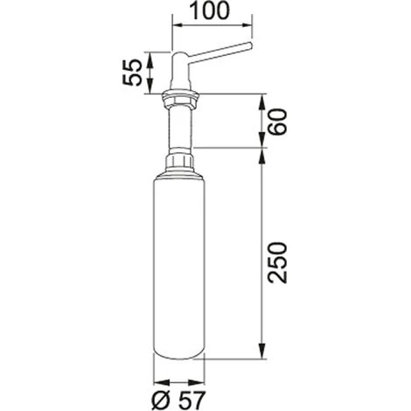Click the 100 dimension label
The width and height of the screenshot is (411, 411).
coord(210,10)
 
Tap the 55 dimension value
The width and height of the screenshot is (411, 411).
coord(132,73)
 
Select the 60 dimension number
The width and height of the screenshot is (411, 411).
coord(277,122)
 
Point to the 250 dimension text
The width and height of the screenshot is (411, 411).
coord(277,262)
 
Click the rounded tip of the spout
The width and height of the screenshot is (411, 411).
coord(249,46)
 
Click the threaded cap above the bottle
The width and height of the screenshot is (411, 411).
coord(180,161)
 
